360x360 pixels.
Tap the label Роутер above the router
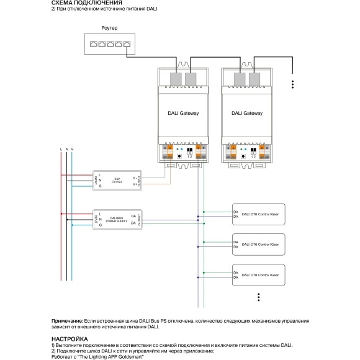[109, 29]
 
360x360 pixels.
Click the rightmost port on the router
[127, 45]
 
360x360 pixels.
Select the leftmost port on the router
[92, 45]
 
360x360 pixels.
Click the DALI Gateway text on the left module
[184, 114]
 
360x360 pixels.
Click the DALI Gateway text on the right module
[247, 114]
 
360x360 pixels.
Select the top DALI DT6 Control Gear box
[258, 214]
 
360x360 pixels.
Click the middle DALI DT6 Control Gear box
[258, 244]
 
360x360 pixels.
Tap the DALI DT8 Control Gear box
[258, 274]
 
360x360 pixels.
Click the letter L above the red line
[60, 150]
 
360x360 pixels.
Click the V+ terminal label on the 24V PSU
[135, 184]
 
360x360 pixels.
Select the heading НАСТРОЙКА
[70, 338]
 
